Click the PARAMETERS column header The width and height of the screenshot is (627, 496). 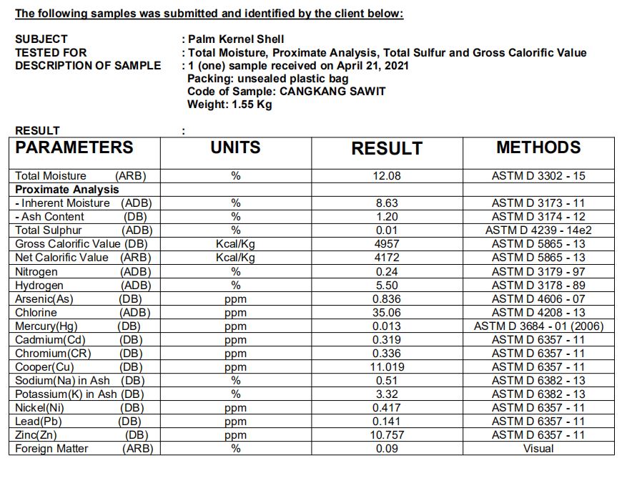coord(74,147)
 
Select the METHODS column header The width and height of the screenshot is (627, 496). coord(538,147)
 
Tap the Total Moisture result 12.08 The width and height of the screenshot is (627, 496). coord(387,176)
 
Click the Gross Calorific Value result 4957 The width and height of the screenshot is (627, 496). coord(387,244)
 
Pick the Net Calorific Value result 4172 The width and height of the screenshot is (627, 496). coord(387,258)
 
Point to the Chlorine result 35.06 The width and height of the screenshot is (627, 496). coord(387,313)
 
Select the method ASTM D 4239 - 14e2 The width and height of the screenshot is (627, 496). coord(538,230)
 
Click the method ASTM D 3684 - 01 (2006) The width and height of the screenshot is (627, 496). coord(538,326)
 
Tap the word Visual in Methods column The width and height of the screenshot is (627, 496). coord(538,449)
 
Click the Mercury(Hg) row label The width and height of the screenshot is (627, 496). coord(46,326)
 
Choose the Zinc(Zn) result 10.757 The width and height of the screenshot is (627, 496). coord(387,435)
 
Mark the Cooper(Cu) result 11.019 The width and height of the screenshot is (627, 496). coord(387,367)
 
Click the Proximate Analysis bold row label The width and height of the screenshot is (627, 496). coord(67,190)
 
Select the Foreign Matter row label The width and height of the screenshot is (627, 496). coord(52,449)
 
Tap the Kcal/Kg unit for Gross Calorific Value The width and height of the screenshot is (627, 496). coord(235,244)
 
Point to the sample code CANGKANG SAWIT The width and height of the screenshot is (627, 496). coord(332,92)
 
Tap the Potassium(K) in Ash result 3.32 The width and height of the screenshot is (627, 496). coord(387,394)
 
